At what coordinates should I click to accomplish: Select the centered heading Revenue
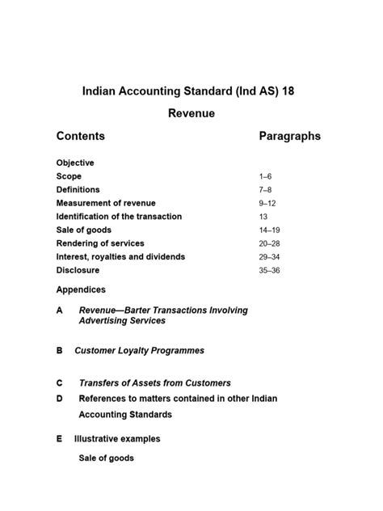coord(191,114)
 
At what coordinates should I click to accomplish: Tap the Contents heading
coord(81,137)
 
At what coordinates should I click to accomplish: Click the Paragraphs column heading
coord(289,137)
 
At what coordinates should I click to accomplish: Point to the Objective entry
coord(75,163)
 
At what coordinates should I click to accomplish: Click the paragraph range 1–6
coord(266,176)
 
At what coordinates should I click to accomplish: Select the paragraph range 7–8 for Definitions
coord(266,190)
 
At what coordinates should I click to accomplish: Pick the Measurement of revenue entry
coord(106,203)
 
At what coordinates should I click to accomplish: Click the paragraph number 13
coord(263,217)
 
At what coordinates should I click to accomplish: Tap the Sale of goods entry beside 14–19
coord(84,230)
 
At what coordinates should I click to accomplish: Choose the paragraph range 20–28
coord(269,243)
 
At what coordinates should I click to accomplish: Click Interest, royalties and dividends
coord(120,256)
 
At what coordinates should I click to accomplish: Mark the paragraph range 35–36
coord(269,271)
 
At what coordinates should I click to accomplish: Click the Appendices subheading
coord(81,289)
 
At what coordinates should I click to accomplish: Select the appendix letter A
coord(60,310)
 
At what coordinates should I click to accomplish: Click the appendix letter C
coord(60,383)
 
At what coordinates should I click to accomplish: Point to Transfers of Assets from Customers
coord(154,383)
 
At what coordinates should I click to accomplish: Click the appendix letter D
coord(60,399)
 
